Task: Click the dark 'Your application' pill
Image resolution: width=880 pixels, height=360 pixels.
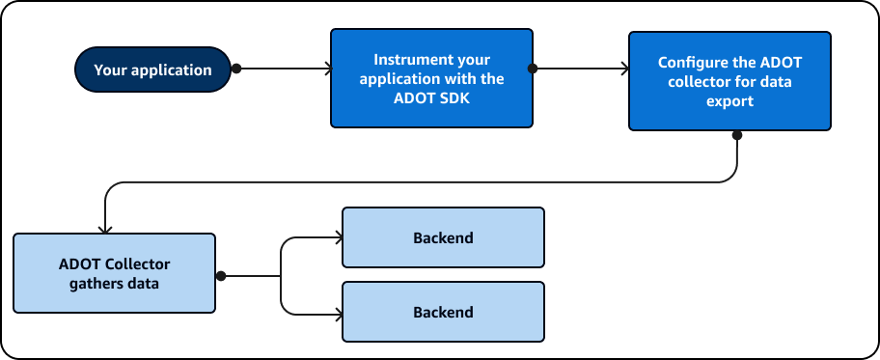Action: (152, 69)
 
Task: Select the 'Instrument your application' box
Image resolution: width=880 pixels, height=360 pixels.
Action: (431, 78)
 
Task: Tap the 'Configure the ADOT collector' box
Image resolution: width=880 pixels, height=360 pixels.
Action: (729, 81)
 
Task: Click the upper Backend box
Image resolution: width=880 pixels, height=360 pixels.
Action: (443, 237)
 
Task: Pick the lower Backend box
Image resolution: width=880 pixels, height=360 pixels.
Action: (443, 312)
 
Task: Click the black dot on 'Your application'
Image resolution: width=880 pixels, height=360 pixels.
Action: (235, 69)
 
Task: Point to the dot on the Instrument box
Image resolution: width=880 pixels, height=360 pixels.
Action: (533, 69)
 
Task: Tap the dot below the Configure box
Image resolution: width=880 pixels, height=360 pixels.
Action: (737, 134)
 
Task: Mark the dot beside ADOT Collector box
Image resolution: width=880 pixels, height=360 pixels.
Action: (220, 276)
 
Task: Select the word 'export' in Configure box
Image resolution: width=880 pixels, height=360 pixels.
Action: (729, 100)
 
